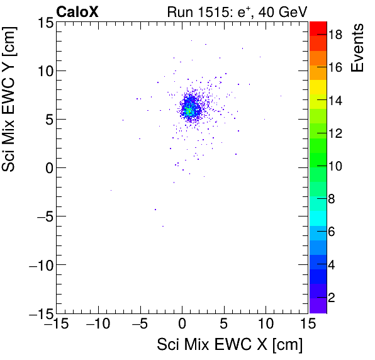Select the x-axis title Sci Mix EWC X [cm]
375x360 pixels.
click(230, 345)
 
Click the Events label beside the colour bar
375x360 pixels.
click(358, 48)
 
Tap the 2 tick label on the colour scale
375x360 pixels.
click(331, 296)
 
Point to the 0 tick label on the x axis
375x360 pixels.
click(182, 324)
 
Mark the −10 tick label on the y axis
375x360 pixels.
click(39, 265)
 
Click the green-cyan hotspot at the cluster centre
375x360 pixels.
click(187, 111)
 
